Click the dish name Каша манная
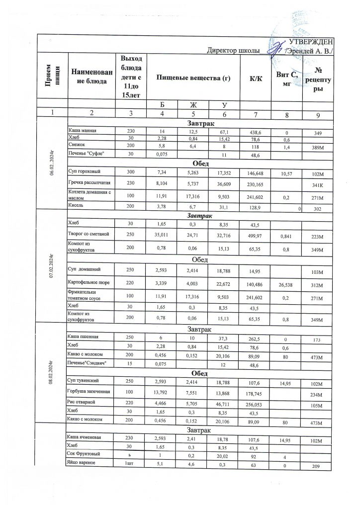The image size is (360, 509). (82, 131)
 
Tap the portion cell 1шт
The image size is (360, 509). (121, 463)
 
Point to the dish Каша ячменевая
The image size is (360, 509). (85, 437)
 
